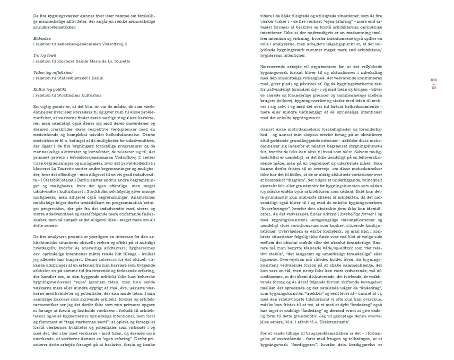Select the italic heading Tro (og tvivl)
click(x=46, y=56)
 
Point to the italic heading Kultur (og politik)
click(x=50, y=89)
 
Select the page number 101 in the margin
click(x=434, y=88)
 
